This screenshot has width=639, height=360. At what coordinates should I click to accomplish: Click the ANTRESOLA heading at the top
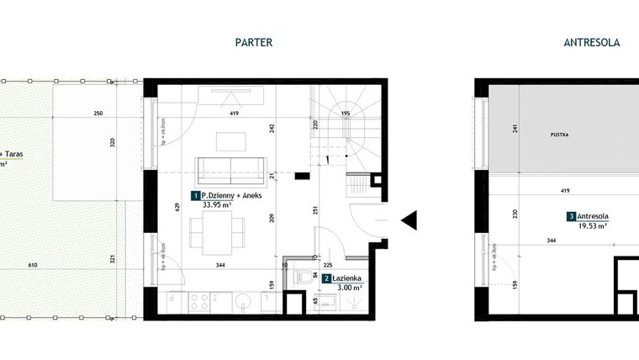click(x=591, y=42)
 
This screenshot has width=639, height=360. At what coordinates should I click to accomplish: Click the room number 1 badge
click(x=195, y=195)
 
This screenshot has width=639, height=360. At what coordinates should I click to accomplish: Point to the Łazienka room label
click(x=346, y=277)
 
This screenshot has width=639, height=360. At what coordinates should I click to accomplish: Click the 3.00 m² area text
click(x=350, y=289)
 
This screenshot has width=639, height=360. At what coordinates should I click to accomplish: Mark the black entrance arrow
click(x=409, y=220)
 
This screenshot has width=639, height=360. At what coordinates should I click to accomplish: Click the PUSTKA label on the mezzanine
click(x=559, y=134)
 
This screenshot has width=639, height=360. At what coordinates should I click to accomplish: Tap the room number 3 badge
click(x=572, y=216)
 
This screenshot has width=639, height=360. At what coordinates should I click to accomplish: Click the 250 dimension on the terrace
click(x=98, y=113)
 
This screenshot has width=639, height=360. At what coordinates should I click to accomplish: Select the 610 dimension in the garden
click(x=34, y=266)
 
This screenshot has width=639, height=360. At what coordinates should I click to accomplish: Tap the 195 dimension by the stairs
click(x=345, y=113)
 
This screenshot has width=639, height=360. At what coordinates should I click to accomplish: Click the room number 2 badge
click(x=326, y=277)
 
